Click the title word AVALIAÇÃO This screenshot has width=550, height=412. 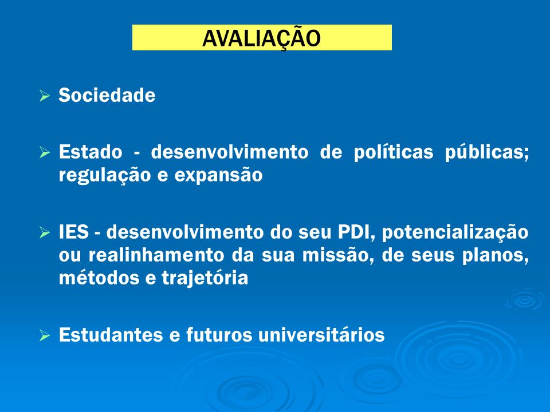pyautogui.click(x=261, y=38)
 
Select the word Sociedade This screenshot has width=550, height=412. pyautogui.click(x=107, y=95)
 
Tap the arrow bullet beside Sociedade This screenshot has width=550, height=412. pyautogui.click(x=45, y=96)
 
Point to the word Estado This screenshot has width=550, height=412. pyautogui.click(x=91, y=152)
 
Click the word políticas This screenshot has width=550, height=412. pyautogui.click(x=393, y=153)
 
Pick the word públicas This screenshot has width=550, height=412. pyautogui.click(x=487, y=153)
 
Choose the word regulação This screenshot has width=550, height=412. pyautogui.click(x=104, y=175)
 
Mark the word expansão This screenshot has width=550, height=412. pyautogui.click(x=218, y=175)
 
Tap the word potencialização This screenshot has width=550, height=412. pyautogui.click(x=455, y=233)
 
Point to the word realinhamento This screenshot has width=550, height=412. pyautogui.click(x=156, y=255)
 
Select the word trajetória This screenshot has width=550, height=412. pyautogui.click(x=205, y=278)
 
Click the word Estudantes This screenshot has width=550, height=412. pyautogui.click(x=111, y=335)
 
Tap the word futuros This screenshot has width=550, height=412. pyautogui.click(x=219, y=335)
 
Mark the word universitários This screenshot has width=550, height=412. pyautogui.click(x=321, y=335)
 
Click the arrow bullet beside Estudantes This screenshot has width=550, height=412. pyautogui.click(x=45, y=335)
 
